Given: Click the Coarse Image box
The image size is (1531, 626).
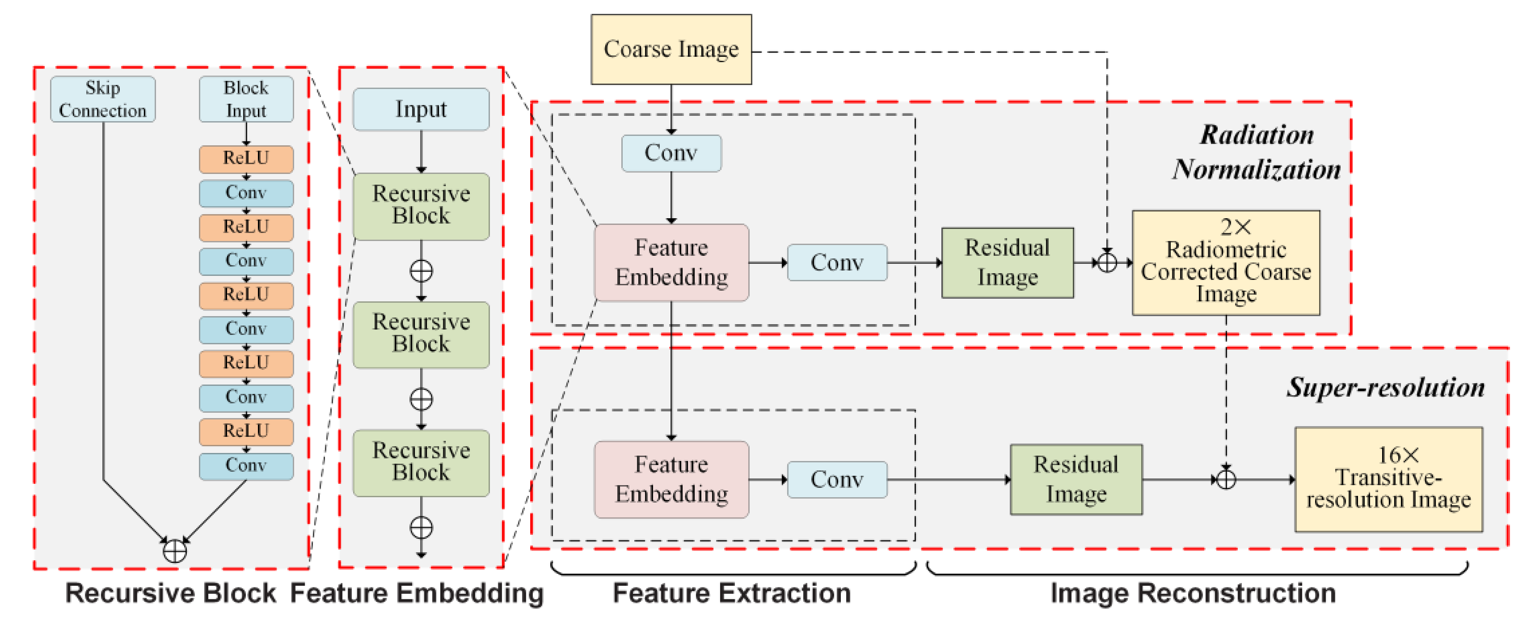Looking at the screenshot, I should [x=671, y=49].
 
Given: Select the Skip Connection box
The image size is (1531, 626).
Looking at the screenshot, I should [x=103, y=99].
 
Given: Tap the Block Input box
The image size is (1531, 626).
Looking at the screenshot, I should [x=246, y=99].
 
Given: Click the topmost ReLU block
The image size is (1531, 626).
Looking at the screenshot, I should [x=246, y=159].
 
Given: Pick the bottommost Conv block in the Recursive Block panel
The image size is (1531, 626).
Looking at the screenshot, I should [x=246, y=465].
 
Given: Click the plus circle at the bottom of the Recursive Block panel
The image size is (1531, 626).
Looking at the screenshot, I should [x=175, y=550].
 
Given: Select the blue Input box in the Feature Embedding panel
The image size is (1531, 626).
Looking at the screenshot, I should [x=421, y=110].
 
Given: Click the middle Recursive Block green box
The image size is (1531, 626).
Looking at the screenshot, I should [x=421, y=334].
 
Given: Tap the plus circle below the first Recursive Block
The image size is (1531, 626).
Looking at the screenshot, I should [x=421, y=271].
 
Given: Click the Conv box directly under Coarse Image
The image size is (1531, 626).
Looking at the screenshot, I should [x=671, y=153].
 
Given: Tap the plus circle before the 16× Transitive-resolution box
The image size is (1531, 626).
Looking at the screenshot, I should [x=1226, y=479].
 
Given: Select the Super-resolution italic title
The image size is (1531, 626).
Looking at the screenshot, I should [x=1385, y=388].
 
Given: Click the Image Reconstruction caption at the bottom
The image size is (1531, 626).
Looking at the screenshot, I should [x=1193, y=593].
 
